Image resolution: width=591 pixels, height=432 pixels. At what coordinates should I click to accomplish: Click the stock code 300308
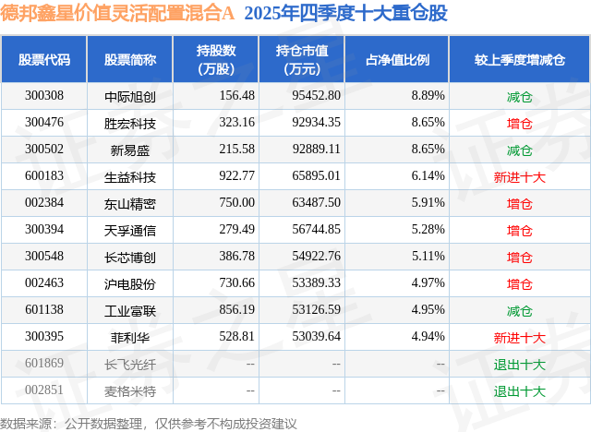pyautogui.click(x=44, y=95)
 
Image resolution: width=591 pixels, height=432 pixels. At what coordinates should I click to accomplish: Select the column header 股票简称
pyautogui.click(x=130, y=60)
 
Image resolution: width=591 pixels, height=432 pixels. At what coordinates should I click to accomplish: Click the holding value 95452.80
pyautogui.click(x=315, y=95)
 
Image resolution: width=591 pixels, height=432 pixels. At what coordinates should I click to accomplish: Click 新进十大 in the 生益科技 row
pyautogui.click(x=520, y=175)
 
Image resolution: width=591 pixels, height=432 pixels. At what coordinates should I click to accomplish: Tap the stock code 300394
pyautogui.click(x=44, y=229)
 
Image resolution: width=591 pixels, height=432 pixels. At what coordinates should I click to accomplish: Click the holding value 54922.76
pyautogui.click(x=315, y=256)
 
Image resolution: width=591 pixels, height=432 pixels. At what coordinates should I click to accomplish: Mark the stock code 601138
pyautogui.click(x=44, y=309)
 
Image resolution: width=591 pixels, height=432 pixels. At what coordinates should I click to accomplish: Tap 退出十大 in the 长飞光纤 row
pyautogui.click(x=520, y=363)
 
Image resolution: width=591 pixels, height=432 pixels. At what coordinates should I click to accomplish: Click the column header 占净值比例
pyautogui.click(x=405, y=60)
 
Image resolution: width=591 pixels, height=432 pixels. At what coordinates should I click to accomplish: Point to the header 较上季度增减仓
pyautogui.click(x=520, y=60)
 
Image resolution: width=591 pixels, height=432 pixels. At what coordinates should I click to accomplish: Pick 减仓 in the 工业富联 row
pyautogui.click(x=520, y=309)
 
